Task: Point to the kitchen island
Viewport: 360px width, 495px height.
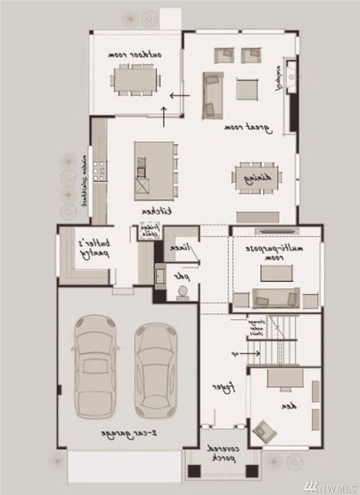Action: pos(153,171)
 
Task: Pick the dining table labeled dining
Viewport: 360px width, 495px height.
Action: pos(256,178)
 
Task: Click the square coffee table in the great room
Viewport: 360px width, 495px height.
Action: pos(248,89)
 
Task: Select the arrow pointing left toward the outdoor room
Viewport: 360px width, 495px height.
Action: pos(179,95)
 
